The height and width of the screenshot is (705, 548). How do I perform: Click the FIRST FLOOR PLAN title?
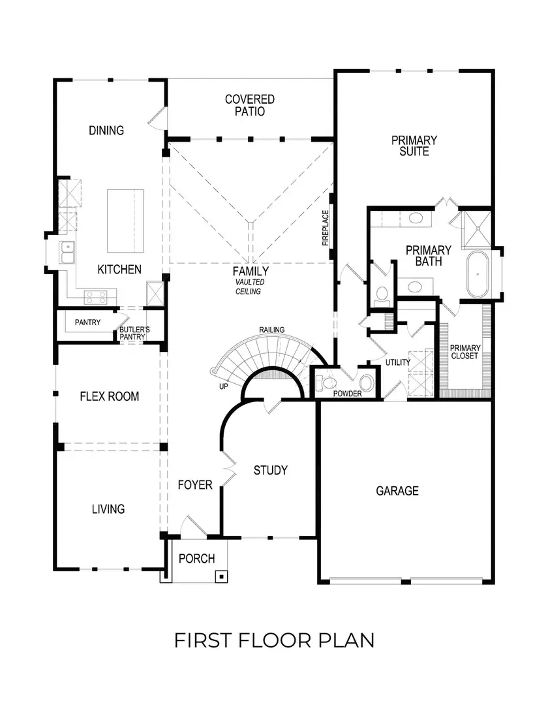[274, 640]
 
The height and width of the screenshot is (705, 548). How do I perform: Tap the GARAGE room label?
[397, 491]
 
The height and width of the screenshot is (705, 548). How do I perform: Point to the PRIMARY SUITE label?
[414, 146]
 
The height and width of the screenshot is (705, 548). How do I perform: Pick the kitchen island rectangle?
[125, 221]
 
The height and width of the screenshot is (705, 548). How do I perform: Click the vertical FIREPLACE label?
[325, 228]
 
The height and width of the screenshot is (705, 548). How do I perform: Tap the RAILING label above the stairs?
[271, 330]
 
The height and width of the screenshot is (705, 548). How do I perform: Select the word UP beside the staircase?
[223, 387]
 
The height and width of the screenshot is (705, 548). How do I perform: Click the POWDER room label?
[347, 394]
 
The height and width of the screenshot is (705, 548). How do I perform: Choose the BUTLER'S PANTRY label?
[134, 334]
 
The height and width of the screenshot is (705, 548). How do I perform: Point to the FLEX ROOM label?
[109, 396]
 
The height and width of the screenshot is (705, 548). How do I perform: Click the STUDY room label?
[270, 470]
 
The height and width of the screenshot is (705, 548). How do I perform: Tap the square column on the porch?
[222, 576]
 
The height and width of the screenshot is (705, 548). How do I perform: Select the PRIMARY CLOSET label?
[466, 352]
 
